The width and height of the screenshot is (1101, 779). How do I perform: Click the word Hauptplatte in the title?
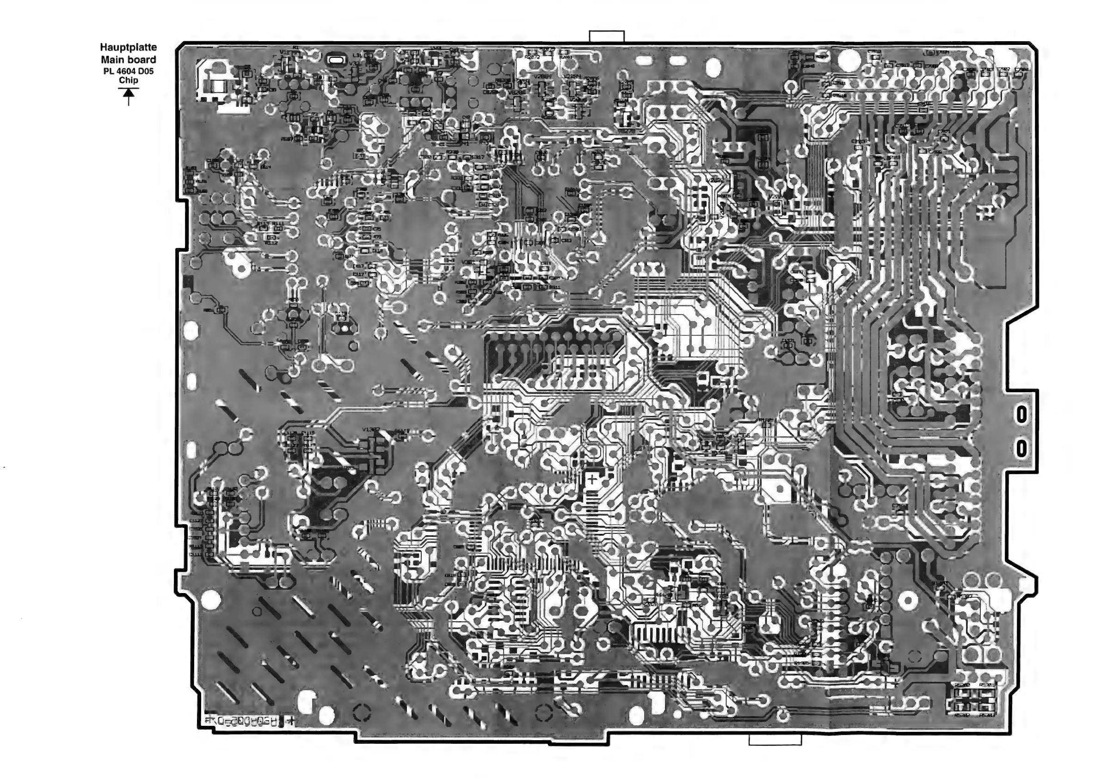(128, 48)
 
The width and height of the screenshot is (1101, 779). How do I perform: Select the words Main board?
(128, 60)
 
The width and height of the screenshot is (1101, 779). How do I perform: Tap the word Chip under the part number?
(128, 80)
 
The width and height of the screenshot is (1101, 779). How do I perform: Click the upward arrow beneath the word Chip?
(128, 96)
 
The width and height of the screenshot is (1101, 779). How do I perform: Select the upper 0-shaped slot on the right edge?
(1021, 414)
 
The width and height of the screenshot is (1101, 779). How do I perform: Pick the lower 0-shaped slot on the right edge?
(1021, 449)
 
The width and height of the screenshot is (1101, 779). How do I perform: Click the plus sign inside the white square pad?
(593, 479)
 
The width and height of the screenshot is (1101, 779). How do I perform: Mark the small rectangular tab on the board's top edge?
(607, 37)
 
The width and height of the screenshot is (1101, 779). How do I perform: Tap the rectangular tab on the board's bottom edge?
(775, 741)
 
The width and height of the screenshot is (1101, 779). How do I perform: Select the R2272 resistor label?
(532, 57)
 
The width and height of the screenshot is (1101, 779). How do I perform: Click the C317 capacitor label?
(478, 157)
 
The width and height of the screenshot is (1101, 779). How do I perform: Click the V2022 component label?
(715, 180)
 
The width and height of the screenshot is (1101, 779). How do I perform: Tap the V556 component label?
(742, 436)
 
